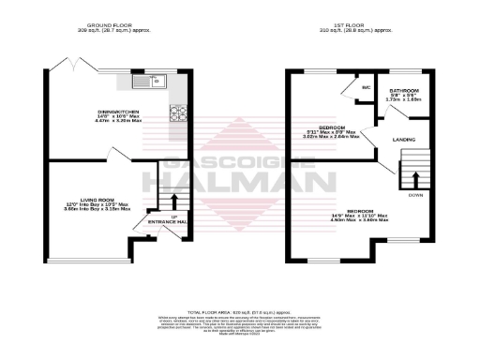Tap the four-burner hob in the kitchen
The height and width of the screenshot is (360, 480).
point(178,113)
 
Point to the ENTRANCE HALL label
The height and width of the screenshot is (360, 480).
point(170,221)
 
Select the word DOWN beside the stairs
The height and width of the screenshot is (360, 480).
point(414,196)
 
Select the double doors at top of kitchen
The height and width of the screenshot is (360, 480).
point(76,66)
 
